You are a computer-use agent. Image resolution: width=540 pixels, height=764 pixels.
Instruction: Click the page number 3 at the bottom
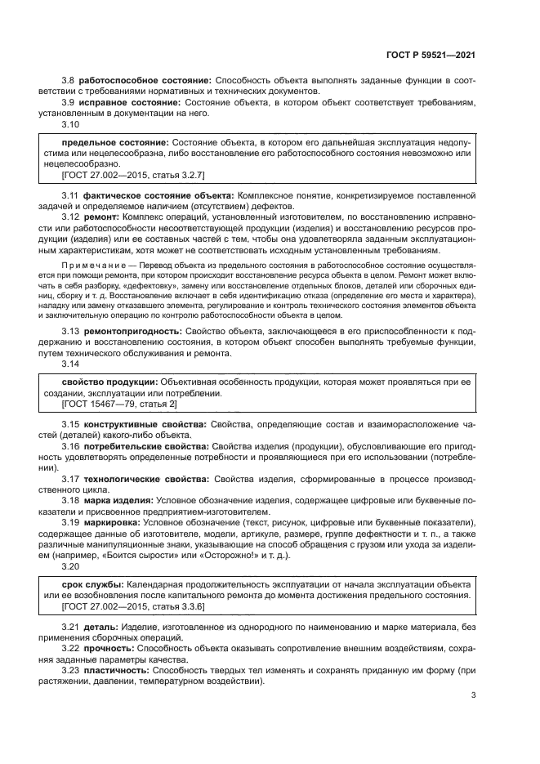474,696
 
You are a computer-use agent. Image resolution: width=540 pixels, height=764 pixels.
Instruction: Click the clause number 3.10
71,125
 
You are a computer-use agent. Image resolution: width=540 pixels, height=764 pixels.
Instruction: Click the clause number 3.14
71,364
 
